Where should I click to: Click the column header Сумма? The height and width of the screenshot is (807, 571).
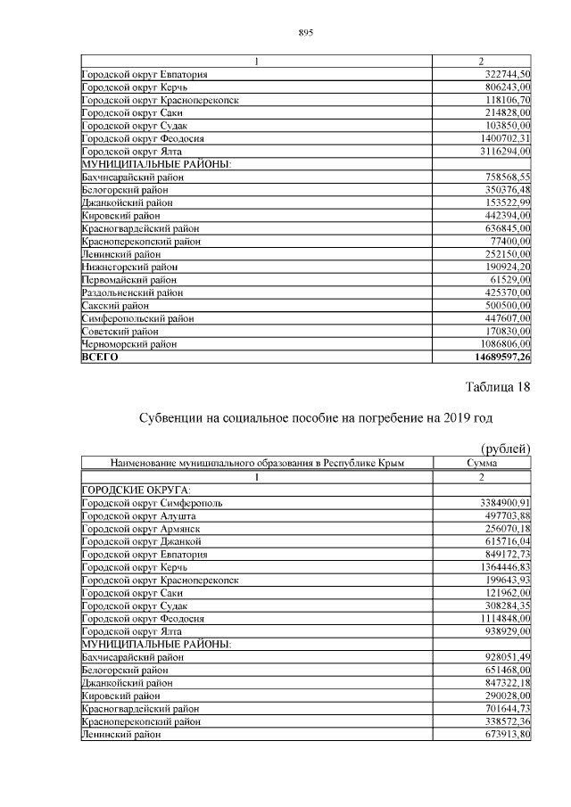482,463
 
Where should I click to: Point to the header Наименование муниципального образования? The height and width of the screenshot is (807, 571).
257,463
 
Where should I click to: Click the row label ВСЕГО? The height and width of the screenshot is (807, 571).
100,357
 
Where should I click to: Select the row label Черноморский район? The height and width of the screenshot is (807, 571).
129,343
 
